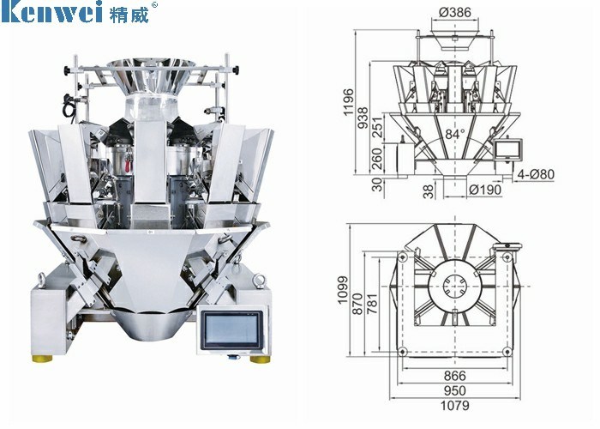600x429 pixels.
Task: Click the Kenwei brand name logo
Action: [x=51, y=11]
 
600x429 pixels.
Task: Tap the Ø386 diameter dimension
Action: [x=455, y=12]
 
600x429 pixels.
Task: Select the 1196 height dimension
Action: [x=349, y=102]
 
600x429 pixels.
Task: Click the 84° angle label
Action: [x=455, y=134]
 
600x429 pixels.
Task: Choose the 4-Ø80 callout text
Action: [x=536, y=174]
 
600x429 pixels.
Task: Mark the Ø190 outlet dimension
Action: [x=485, y=190]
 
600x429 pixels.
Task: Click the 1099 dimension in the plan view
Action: [x=343, y=290]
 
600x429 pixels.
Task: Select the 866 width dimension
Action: [x=455, y=376]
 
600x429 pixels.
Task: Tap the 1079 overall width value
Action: [x=455, y=405]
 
